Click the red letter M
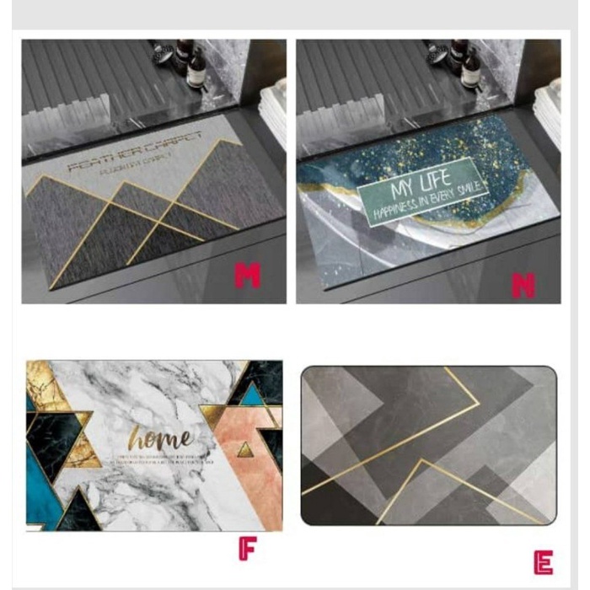click(x=248, y=275)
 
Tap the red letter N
click(x=523, y=285)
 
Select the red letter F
click(x=247, y=549)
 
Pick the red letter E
click(x=544, y=562)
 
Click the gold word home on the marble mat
click(x=161, y=438)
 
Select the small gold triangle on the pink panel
click(x=245, y=450)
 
